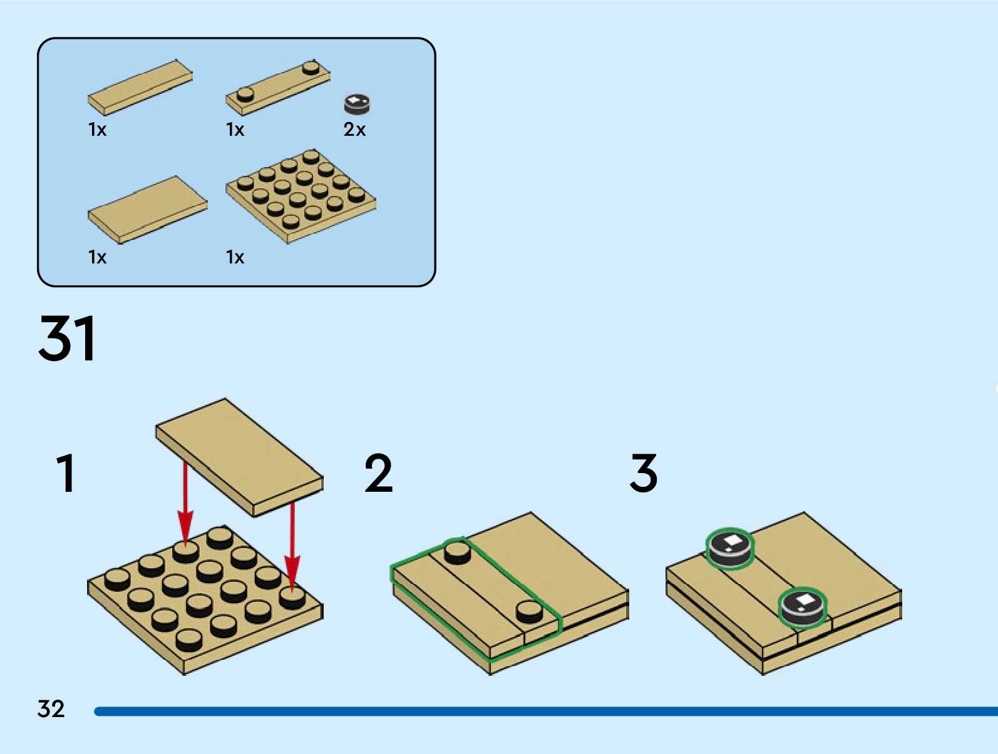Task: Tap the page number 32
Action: click(51, 709)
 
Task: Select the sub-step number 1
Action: click(66, 474)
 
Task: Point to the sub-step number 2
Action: click(378, 474)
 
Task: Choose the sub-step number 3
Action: click(644, 474)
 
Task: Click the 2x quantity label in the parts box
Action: click(354, 130)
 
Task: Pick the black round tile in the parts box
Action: click(357, 104)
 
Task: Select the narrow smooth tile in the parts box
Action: click(140, 87)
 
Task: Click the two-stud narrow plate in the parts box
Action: click(277, 87)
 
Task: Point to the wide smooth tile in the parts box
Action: click(148, 209)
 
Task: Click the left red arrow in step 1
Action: click(185, 501)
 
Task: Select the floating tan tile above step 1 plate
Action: click(239, 457)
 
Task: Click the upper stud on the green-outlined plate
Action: click(457, 553)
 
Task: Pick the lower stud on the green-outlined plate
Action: click(530, 611)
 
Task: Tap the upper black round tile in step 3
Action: click(730, 549)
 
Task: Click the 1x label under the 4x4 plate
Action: click(235, 257)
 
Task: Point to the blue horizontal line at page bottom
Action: click(545, 711)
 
